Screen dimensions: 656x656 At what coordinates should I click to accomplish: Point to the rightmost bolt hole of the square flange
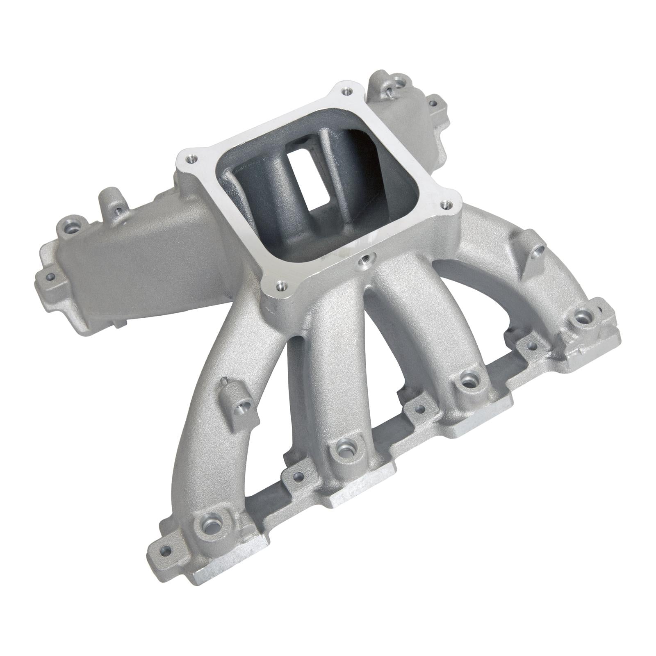pos(444,204)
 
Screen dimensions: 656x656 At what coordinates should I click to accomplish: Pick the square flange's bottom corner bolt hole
pos(280,284)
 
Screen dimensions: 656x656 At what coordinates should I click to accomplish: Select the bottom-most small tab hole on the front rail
pos(166,551)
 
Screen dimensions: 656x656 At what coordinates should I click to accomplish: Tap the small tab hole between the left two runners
pos(299,477)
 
